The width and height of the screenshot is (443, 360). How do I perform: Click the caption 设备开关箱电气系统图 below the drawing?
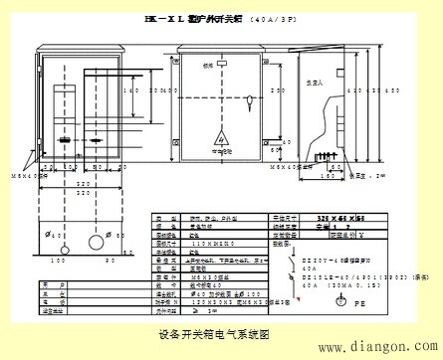[213, 334]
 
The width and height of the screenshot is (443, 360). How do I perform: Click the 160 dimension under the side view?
[329, 177]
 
